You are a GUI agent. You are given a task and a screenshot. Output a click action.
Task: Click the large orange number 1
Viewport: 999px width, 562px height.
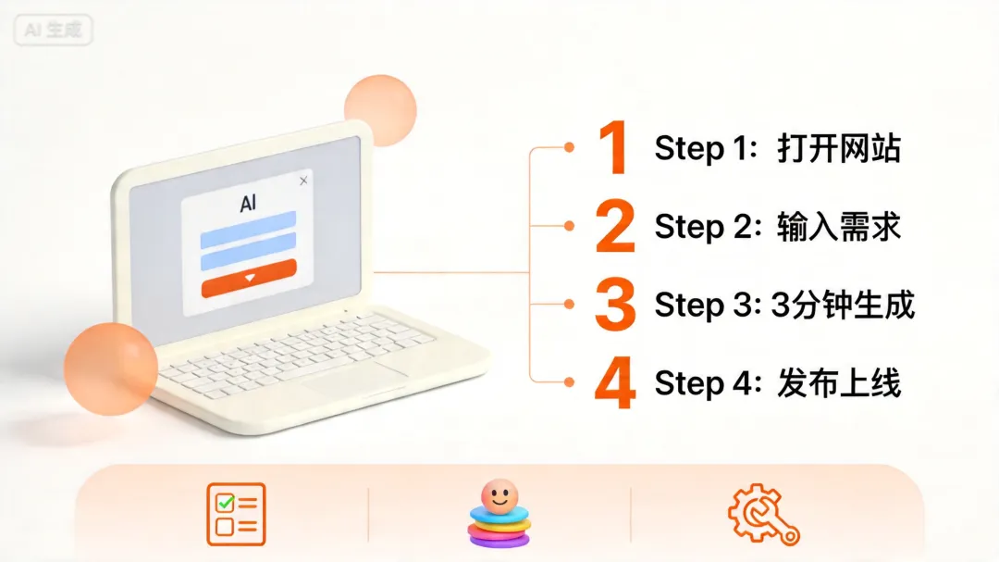tap(613, 147)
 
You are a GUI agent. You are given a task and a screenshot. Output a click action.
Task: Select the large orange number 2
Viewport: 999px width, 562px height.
tap(615, 225)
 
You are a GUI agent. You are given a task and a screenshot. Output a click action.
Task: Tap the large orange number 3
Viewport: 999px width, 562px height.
tap(615, 304)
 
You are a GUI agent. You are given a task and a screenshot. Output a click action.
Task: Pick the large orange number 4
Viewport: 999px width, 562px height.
tap(615, 382)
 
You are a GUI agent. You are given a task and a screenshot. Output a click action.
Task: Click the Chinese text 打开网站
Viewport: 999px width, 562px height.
tap(838, 148)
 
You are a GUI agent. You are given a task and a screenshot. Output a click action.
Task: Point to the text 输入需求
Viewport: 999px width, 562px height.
tap(838, 227)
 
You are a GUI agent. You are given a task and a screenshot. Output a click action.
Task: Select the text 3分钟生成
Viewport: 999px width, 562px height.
tap(843, 305)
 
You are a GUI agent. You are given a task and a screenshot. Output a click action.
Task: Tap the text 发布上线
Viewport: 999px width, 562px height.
tap(838, 383)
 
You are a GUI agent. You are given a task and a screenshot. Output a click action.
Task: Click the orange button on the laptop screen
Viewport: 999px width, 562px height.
tap(249, 279)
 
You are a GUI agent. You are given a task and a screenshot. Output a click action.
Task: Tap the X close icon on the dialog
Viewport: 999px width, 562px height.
tap(303, 181)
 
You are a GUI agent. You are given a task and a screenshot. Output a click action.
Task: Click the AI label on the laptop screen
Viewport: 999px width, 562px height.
tap(248, 204)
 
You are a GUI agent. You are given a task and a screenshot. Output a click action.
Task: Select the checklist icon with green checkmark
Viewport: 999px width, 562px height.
tap(236, 514)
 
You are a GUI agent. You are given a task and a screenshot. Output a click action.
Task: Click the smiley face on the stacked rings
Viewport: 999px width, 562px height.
tap(499, 495)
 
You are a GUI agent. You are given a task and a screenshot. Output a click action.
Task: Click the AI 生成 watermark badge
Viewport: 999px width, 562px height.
tap(53, 30)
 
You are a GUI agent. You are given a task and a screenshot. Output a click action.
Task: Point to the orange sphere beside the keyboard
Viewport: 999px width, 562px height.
tap(111, 368)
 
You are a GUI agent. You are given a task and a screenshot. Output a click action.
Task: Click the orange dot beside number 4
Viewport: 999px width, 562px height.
tap(569, 382)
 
